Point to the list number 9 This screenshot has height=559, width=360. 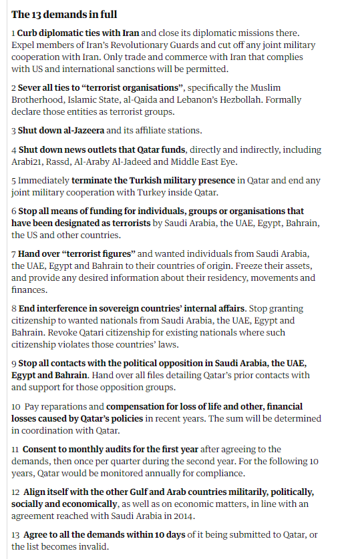pyautogui.click(x=14, y=364)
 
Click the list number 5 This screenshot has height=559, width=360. pyautogui.click(x=14, y=181)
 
